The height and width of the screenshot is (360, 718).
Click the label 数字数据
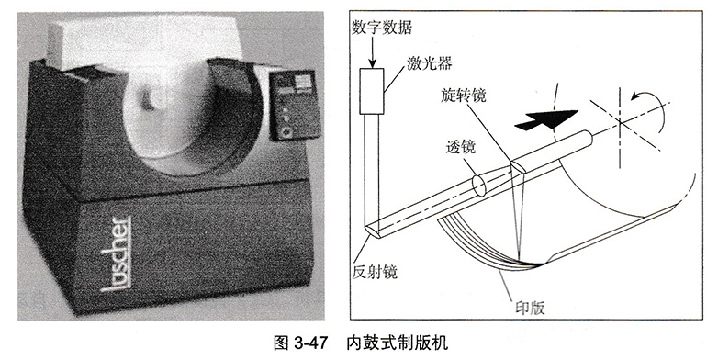pos(381,28)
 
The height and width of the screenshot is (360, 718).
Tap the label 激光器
pos(429,63)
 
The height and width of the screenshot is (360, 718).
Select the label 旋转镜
pos(463,96)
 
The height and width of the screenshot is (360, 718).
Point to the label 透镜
pos(461,147)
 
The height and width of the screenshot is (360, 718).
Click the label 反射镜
pos(375,272)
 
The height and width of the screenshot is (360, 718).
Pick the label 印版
pos(530,308)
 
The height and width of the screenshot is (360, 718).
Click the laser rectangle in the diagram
pos(370,91)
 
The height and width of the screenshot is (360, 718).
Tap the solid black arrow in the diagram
pos(544,118)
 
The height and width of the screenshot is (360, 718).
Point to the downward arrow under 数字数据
pos(373,51)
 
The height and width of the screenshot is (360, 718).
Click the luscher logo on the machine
pos(115,253)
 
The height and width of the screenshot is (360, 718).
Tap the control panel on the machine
pos(290,105)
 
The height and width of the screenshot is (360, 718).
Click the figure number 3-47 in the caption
pos(309,343)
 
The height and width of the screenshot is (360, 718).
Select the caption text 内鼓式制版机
pos(397,343)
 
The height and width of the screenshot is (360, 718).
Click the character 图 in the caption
pos(280,343)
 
